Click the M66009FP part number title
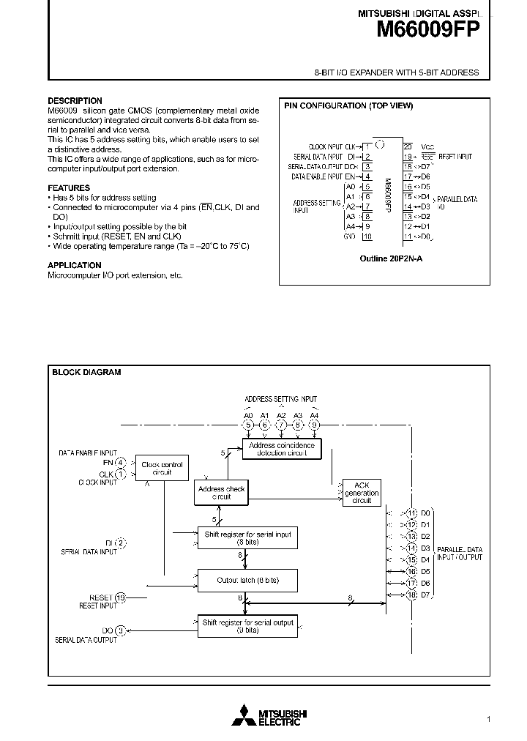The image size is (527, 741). pyautogui.click(x=428, y=30)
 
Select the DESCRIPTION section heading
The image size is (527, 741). pyautogui.click(x=75, y=101)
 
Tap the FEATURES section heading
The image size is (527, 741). pyautogui.click(x=69, y=188)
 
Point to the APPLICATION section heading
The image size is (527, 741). pyautogui.click(x=75, y=265)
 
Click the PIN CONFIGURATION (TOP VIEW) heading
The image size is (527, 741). pyautogui.click(x=348, y=106)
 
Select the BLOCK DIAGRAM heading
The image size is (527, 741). pyautogui.click(x=86, y=372)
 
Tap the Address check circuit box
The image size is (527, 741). pyautogui.click(x=221, y=492)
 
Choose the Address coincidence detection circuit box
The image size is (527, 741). pyautogui.click(x=282, y=449)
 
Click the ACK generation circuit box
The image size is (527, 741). pyautogui.click(x=362, y=492)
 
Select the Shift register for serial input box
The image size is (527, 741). pyautogui.click(x=247, y=538)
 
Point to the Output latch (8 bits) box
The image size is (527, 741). pyautogui.click(x=247, y=580)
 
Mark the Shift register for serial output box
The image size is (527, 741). pyautogui.click(x=247, y=626)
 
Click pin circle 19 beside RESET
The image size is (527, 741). pyautogui.click(x=121, y=597)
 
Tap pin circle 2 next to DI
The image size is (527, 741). pyautogui.click(x=121, y=543)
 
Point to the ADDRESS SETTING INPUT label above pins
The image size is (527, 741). pyautogui.click(x=282, y=399)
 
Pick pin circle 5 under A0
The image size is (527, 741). pyautogui.click(x=248, y=424)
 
